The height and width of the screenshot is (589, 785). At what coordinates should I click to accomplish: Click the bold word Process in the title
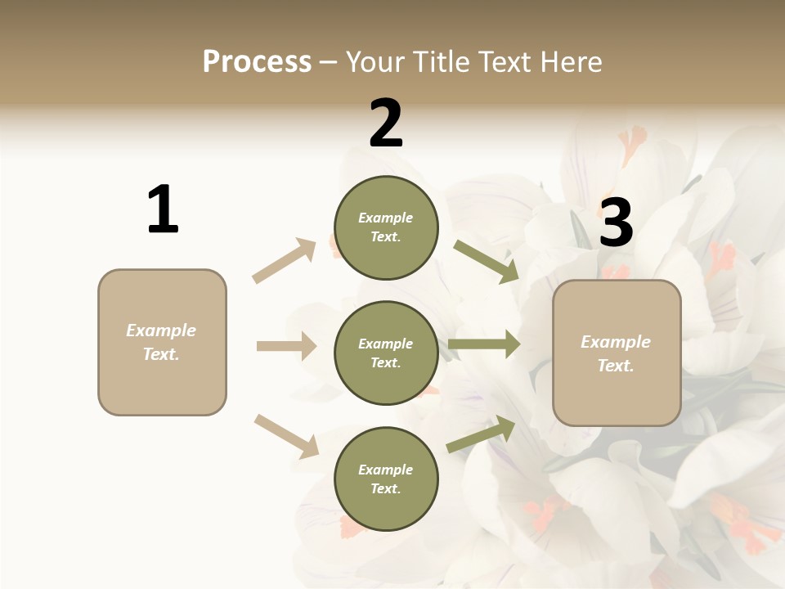pos(257,61)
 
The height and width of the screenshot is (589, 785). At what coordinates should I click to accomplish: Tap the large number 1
pos(163,209)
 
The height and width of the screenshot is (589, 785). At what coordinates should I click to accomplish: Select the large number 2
pos(386,124)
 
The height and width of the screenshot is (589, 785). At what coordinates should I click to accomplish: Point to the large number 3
pos(616,223)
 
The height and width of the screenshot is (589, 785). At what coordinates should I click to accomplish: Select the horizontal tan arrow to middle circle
pos(286,346)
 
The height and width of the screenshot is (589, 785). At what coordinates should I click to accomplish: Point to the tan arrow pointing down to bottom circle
pos(286,436)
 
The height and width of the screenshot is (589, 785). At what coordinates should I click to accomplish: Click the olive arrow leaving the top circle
pos(486,261)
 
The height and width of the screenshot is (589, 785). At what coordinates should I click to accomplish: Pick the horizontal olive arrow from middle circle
pos(484,344)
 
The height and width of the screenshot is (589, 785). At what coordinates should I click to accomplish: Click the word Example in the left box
pos(161,330)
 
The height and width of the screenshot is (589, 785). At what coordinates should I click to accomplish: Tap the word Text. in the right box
pos(616,366)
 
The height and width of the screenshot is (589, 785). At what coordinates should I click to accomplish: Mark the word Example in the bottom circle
pos(386,470)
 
